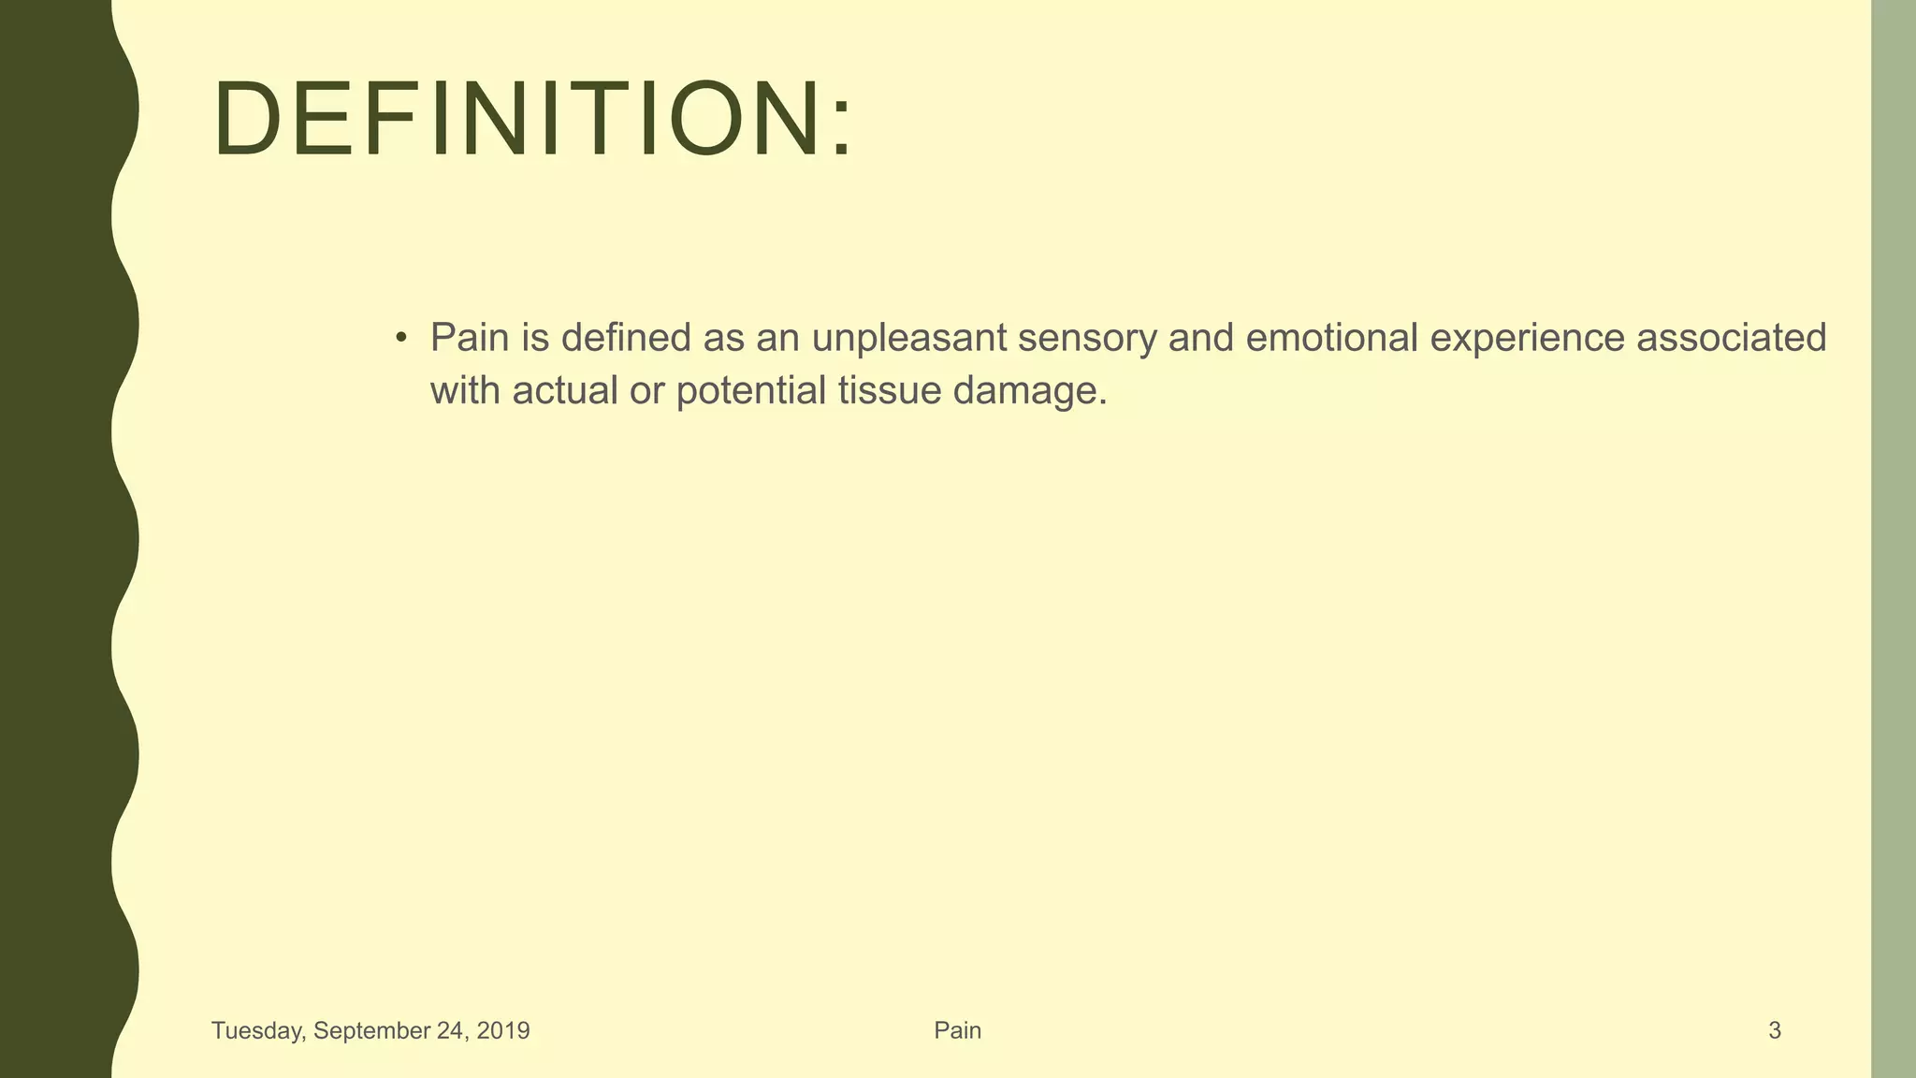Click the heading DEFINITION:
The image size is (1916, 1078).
click(531, 120)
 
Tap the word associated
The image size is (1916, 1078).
click(1731, 338)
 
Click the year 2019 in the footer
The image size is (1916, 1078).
click(503, 1031)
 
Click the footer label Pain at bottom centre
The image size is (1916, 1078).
click(957, 1031)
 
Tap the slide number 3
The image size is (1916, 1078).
click(1774, 1031)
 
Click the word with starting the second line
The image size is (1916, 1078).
click(464, 391)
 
